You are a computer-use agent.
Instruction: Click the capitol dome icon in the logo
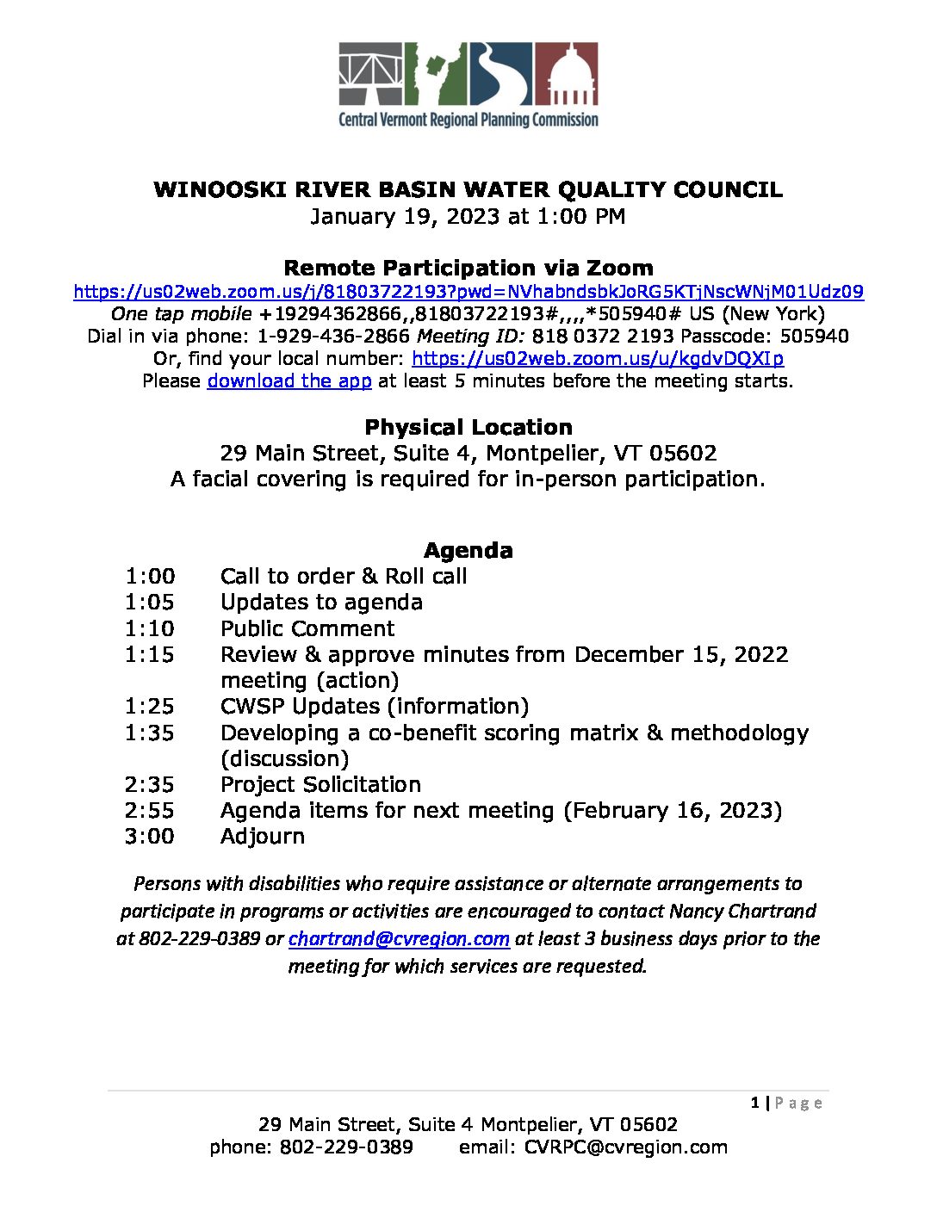coord(567,75)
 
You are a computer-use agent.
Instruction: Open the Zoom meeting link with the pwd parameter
coord(468,292)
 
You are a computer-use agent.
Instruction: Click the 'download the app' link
coord(289,381)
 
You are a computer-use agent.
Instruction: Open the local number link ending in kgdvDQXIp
coord(598,359)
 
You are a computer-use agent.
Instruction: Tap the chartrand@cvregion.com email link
coord(399,939)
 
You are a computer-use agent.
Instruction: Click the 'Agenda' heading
coord(468,551)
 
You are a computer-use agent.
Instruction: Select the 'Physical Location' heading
coord(468,428)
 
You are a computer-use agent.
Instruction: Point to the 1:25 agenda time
coord(149,707)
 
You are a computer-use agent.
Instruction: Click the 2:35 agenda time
coord(149,785)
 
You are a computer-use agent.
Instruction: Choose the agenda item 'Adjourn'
coord(263,837)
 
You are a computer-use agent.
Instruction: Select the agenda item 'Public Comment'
coord(307,628)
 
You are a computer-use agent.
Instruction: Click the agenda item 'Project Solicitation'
coord(320,785)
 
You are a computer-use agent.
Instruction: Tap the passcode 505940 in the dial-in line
coord(816,337)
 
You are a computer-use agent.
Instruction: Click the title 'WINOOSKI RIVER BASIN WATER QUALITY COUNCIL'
coord(468,190)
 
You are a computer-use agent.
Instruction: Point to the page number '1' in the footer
coord(755,1104)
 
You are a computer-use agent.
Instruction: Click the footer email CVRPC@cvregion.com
coord(626,1147)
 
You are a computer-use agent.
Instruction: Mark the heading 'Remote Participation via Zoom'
coord(468,269)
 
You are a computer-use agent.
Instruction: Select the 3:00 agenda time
coord(149,837)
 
